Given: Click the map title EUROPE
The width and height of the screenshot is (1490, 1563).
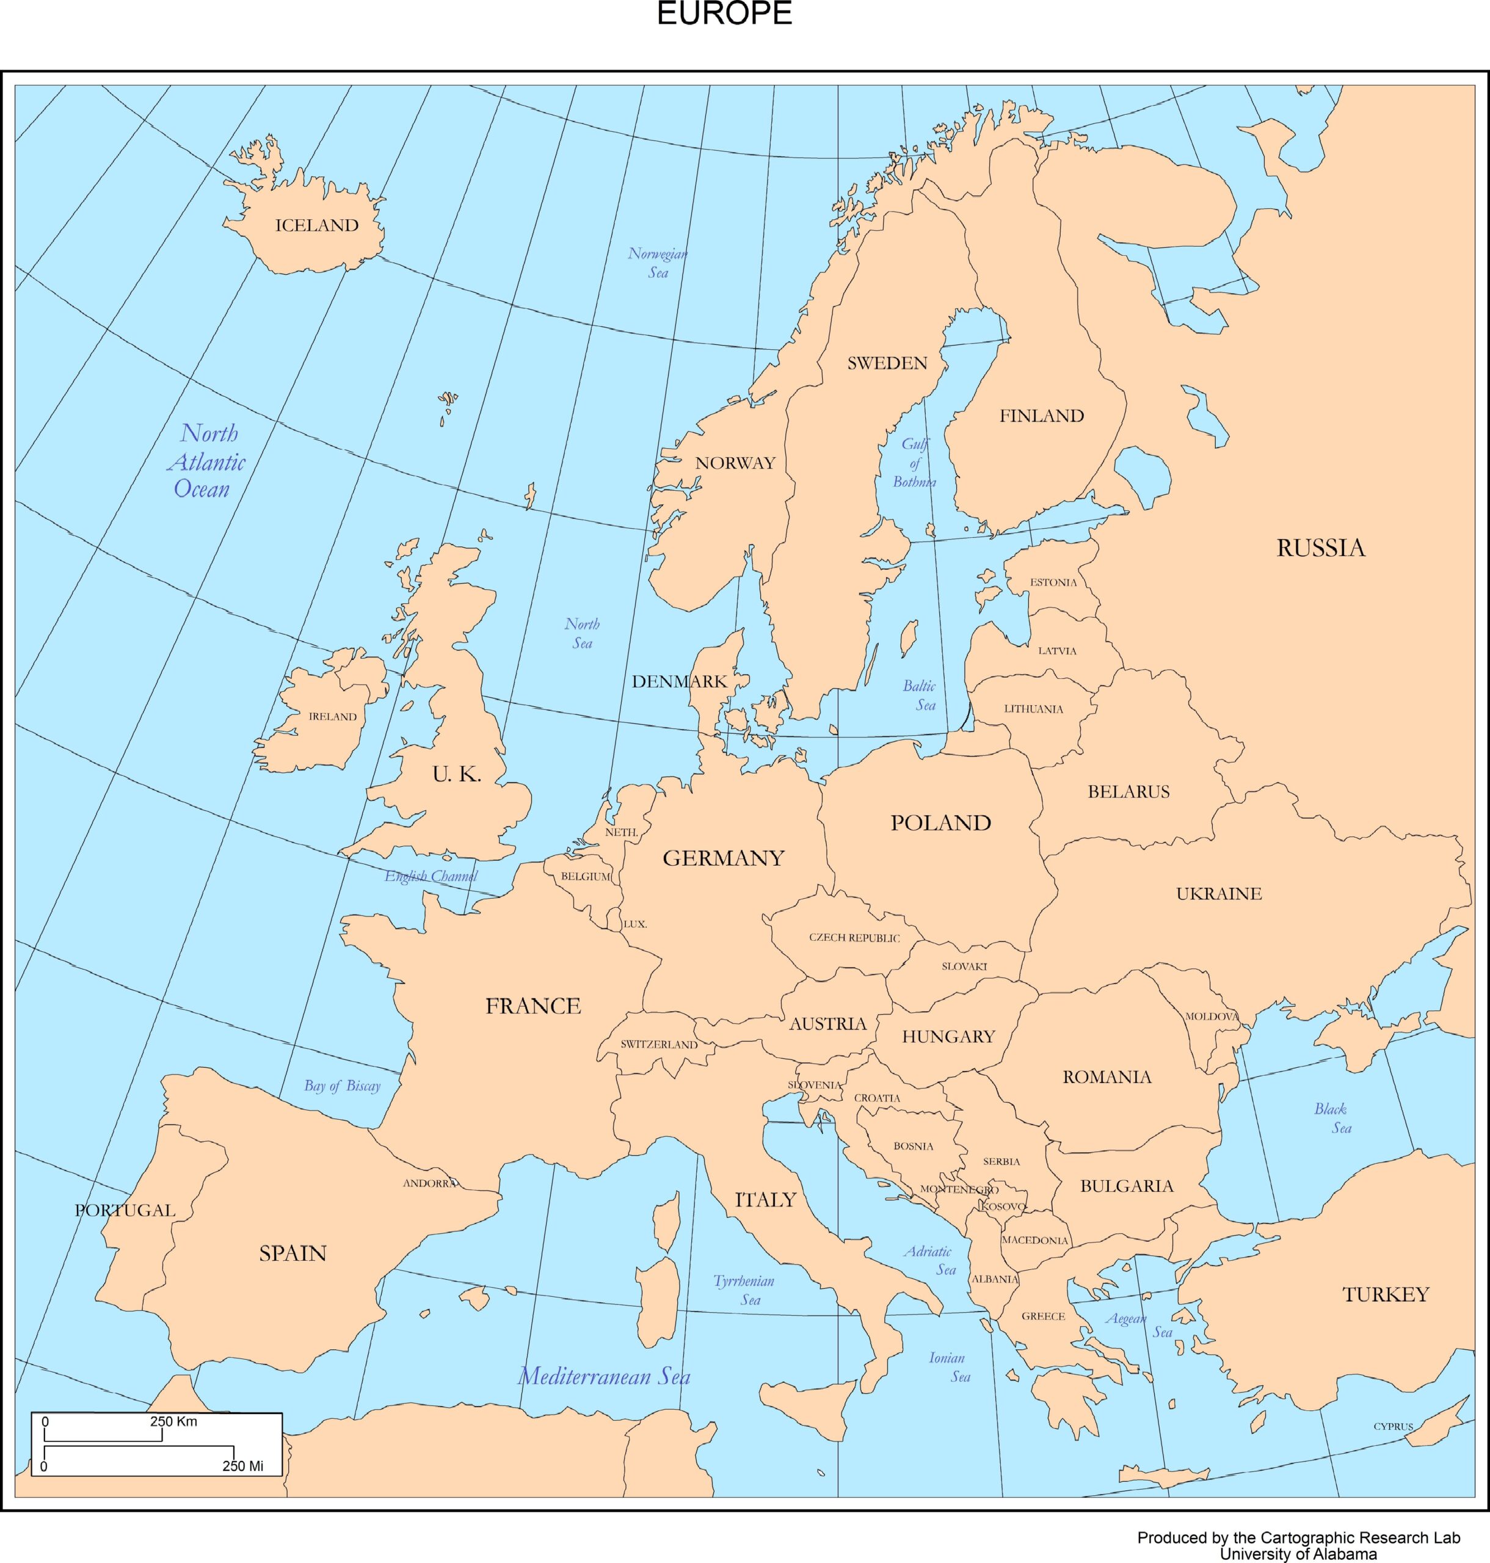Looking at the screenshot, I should tap(724, 14).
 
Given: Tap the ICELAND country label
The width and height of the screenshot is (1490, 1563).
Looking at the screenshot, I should tap(316, 225).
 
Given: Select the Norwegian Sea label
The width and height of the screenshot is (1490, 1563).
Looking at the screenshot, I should tap(658, 263).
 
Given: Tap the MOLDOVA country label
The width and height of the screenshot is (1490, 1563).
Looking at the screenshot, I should tap(1211, 1017).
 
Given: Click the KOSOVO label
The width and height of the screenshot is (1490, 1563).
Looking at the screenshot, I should tap(1004, 1206).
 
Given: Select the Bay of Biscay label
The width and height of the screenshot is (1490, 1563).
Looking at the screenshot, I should tap(343, 1086).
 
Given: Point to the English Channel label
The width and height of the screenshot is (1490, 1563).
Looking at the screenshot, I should tap(431, 876).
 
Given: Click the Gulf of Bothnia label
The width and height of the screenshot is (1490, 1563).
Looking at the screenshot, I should tap(914, 463).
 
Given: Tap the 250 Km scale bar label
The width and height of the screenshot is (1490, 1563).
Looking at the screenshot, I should tap(173, 1421).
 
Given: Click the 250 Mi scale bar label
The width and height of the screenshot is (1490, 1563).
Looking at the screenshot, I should tap(242, 1466).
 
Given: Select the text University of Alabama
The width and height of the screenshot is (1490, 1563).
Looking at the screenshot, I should tap(1298, 1554).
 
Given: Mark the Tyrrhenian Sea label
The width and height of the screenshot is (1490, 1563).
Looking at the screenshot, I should tap(744, 1290).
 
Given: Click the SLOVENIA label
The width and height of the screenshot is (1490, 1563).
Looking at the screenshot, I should tap(814, 1085).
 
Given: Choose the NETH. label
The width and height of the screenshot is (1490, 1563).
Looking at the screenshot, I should tap(621, 832).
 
